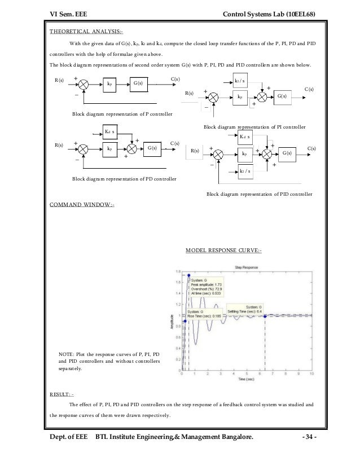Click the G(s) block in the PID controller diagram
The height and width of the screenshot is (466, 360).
(287, 153)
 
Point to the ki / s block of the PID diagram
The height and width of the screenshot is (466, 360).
(245, 170)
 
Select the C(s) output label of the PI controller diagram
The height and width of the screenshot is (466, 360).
(309, 90)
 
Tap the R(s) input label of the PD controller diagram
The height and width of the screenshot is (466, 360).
(59, 145)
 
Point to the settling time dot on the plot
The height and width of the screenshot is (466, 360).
(265, 315)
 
